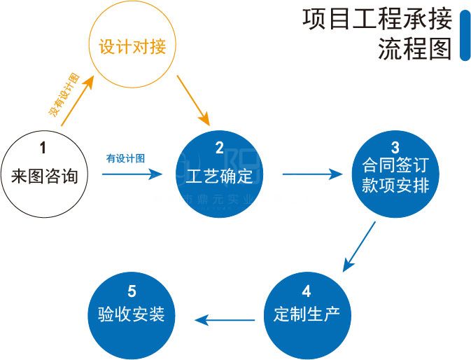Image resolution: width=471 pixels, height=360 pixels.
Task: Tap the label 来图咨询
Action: [x=45, y=174]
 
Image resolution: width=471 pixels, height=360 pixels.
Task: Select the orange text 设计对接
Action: [x=132, y=48]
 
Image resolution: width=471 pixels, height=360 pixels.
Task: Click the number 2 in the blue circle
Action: [x=219, y=147]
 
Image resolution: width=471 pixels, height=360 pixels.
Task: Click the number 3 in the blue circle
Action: [x=395, y=147]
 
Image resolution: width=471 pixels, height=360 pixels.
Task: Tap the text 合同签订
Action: [x=395, y=167]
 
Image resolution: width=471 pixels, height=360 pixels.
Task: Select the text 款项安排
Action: [x=395, y=187]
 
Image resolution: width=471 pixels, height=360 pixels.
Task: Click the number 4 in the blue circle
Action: [x=307, y=291]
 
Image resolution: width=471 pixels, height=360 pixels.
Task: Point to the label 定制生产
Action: [x=307, y=313]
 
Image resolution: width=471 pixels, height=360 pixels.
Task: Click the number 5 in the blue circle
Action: [x=132, y=291]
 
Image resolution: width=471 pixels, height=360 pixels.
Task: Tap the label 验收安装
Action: [x=132, y=313]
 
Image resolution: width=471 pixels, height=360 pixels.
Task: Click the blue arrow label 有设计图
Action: [x=126, y=158]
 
